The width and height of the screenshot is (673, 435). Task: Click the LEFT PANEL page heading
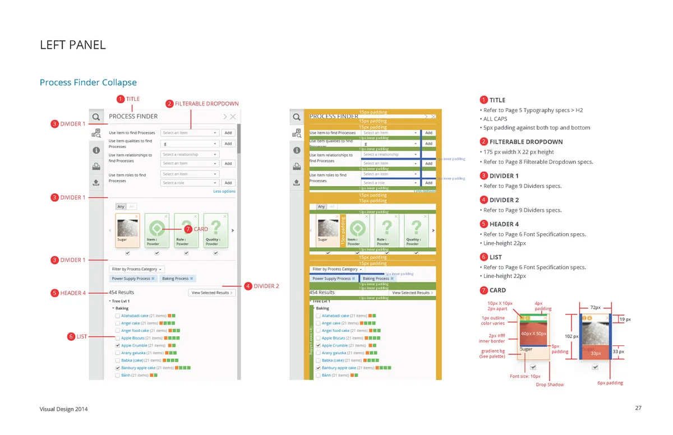pyautogui.click(x=72, y=45)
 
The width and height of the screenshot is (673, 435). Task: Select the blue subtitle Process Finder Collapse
pyautogui.click(x=88, y=82)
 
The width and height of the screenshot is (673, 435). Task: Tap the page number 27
pyautogui.click(x=638, y=408)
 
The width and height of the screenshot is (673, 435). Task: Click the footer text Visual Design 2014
pyautogui.click(x=63, y=409)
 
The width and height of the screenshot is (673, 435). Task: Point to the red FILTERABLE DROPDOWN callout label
pyautogui.click(x=206, y=104)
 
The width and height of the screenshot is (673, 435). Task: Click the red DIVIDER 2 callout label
pyautogui.click(x=266, y=286)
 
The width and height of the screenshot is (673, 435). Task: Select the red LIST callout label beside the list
pyautogui.click(x=82, y=336)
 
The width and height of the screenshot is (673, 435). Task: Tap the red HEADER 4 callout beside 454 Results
pyautogui.click(x=73, y=293)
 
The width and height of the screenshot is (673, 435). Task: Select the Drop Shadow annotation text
pyautogui.click(x=550, y=385)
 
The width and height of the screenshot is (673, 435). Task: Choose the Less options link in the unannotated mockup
pyautogui.click(x=224, y=191)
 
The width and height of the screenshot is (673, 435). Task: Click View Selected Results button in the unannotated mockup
pyautogui.click(x=211, y=293)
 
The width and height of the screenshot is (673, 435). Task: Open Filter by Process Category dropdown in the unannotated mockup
pyautogui.click(x=137, y=269)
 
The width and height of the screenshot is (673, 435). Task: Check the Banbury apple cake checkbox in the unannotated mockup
pyautogui.click(x=118, y=368)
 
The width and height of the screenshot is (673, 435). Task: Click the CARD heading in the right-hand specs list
pyautogui.click(x=497, y=290)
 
